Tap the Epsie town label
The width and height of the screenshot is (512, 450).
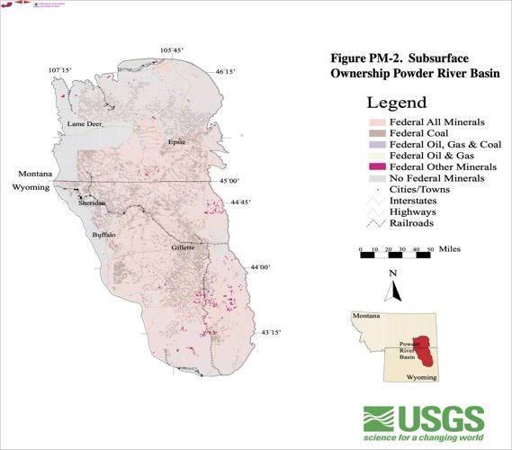[175, 142]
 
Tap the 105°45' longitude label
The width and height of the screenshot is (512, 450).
[172, 49]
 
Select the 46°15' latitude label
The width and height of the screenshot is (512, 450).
[225, 71]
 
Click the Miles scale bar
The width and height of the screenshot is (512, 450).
[395, 255]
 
